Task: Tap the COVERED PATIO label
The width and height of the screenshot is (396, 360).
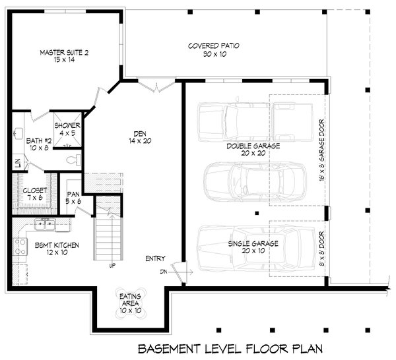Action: [x=214, y=46]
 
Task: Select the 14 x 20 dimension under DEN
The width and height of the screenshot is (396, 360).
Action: [x=140, y=141]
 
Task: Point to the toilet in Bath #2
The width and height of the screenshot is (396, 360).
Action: [x=73, y=160]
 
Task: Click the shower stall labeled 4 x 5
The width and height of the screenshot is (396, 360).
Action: [x=67, y=129]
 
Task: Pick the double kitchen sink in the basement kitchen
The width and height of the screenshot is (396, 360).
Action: [x=45, y=224]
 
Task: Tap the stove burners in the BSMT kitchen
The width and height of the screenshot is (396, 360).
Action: [x=20, y=247]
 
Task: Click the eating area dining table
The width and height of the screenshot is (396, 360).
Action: [x=130, y=303]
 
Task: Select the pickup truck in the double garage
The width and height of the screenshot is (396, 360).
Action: [x=255, y=122]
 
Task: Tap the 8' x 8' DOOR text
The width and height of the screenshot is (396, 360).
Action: [x=321, y=249]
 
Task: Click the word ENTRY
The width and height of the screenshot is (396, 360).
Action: [x=155, y=258]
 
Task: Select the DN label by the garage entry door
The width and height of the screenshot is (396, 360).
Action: [x=164, y=272]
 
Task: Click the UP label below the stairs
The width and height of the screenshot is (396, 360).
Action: [x=112, y=266]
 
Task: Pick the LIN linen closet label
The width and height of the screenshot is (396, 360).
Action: [x=17, y=164]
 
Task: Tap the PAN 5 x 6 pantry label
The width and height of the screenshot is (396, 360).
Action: [x=73, y=198]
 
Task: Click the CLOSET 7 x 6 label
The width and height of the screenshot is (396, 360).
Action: [x=35, y=194]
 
